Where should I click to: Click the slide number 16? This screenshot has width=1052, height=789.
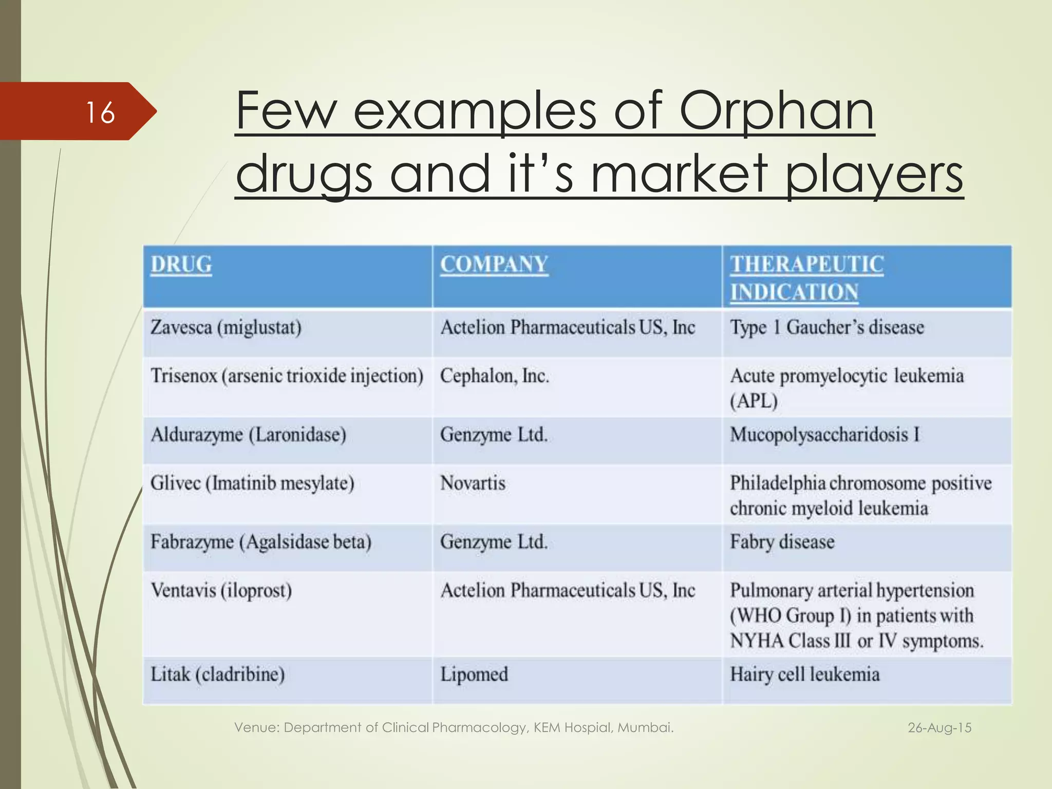[100, 112]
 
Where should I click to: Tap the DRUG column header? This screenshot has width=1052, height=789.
[181, 265]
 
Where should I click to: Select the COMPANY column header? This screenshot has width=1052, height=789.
[494, 265]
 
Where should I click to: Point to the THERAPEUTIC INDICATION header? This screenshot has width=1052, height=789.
[807, 278]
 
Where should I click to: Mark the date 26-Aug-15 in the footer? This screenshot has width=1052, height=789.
[940, 728]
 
